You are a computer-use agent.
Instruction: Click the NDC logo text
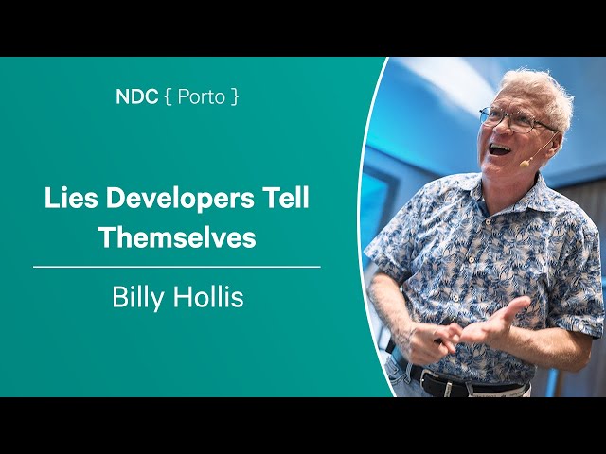tap(136, 96)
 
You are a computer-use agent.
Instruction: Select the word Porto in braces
tap(201, 96)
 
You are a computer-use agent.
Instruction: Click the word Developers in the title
tap(181, 200)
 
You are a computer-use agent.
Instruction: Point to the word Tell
tap(286, 198)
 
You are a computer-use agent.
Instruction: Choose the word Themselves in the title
tap(178, 236)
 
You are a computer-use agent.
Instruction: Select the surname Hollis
tap(208, 296)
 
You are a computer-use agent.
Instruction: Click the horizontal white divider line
tap(177, 267)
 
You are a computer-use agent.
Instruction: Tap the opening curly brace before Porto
tap(168, 96)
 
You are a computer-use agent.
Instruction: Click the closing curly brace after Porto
tap(234, 96)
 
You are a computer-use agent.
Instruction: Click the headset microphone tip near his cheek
tap(524, 164)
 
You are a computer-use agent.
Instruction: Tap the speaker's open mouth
tap(501, 149)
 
